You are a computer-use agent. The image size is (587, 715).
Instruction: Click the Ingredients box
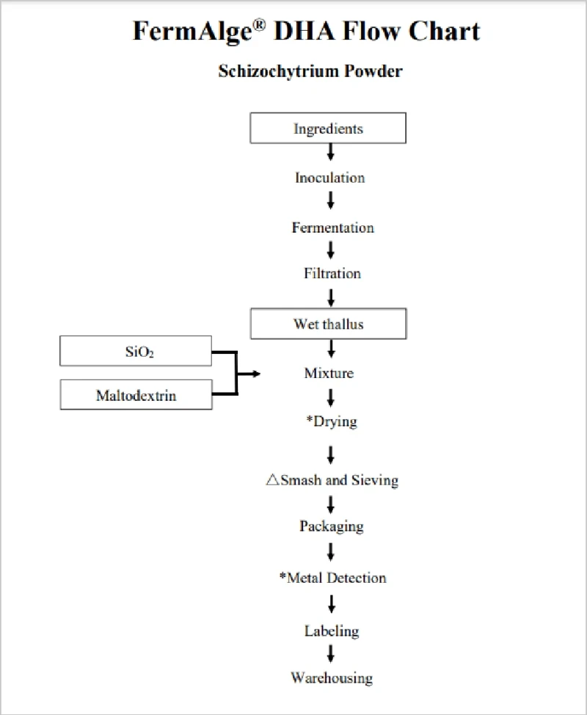point(328,128)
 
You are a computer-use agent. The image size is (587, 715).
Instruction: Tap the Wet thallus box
point(328,324)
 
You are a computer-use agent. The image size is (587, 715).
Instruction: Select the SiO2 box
point(136,351)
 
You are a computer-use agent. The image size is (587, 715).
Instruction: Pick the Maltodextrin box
point(136,395)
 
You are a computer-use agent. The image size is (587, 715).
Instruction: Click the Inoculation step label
point(330,178)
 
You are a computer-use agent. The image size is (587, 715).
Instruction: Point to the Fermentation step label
point(332,227)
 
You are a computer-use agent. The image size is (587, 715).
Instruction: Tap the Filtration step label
point(332,273)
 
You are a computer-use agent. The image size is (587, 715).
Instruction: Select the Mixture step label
point(329,373)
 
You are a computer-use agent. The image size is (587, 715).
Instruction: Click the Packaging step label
point(332,526)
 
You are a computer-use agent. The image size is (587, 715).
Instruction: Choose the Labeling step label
point(332,631)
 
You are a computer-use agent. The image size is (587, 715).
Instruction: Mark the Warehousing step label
point(332,678)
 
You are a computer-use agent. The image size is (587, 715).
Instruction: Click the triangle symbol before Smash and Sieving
point(272,479)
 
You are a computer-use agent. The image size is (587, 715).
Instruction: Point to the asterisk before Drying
point(310,419)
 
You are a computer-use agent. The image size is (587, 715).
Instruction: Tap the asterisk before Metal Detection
point(283,576)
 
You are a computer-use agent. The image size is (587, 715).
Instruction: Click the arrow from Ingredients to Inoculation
point(331,152)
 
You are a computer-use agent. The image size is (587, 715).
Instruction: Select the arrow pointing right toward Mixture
point(249,374)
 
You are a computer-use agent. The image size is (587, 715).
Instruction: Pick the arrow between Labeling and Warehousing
point(331,653)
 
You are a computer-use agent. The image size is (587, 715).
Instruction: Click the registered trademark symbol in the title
point(259,25)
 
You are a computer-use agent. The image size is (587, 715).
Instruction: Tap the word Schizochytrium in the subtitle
point(278,72)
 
